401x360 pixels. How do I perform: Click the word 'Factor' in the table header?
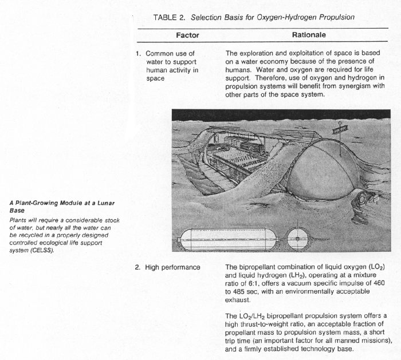click(187, 35)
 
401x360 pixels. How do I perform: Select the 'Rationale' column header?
click(309, 35)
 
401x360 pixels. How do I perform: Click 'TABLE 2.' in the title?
click(170, 18)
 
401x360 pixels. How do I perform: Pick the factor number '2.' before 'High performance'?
click(138, 267)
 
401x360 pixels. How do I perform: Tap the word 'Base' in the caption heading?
click(17, 209)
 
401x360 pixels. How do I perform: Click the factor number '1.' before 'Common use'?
click(138, 54)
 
